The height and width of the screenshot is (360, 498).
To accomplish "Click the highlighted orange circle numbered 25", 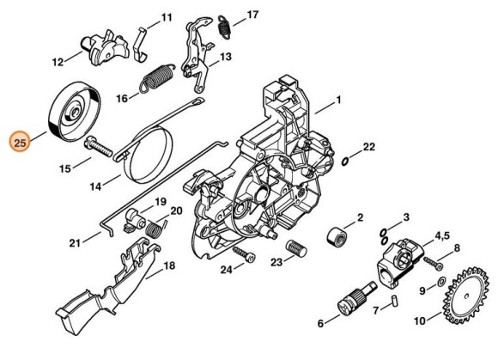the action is [x=20, y=142].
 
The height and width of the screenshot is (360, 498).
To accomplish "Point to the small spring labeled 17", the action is [x=225, y=27].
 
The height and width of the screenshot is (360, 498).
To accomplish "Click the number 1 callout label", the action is [x=338, y=100].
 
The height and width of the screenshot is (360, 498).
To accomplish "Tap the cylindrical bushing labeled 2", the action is [x=337, y=237].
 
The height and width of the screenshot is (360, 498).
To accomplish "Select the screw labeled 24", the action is [x=244, y=253].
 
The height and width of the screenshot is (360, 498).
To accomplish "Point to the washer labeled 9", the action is [x=441, y=281].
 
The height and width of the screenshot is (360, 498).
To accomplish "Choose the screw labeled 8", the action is [x=432, y=263].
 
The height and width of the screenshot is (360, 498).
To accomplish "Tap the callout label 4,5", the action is [x=442, y=235].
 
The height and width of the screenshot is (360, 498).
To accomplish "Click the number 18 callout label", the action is [x=169, y=265].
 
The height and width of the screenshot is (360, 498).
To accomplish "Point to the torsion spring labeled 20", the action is [x=156, y=228].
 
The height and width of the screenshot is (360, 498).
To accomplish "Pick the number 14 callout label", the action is [x=95, y=186].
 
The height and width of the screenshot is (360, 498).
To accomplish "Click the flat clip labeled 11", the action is [x=141, y=45].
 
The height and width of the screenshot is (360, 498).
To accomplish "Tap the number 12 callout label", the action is [x=58, y=62].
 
